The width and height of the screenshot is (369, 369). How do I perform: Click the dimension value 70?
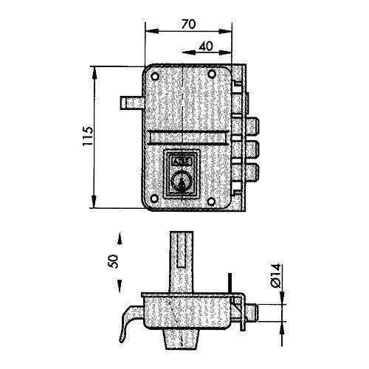189,24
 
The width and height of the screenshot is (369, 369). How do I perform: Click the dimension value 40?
206,46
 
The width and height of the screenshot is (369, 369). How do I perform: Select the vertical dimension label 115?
88,137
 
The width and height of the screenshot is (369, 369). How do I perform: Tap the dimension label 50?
114,261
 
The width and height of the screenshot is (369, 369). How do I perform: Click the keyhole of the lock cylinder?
182,182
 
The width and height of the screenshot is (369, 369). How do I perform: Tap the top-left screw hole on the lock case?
155,77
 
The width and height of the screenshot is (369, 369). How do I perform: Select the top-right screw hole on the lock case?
212,74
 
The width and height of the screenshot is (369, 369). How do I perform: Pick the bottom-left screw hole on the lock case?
154,199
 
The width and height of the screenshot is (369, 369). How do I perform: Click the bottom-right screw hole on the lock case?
211,201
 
